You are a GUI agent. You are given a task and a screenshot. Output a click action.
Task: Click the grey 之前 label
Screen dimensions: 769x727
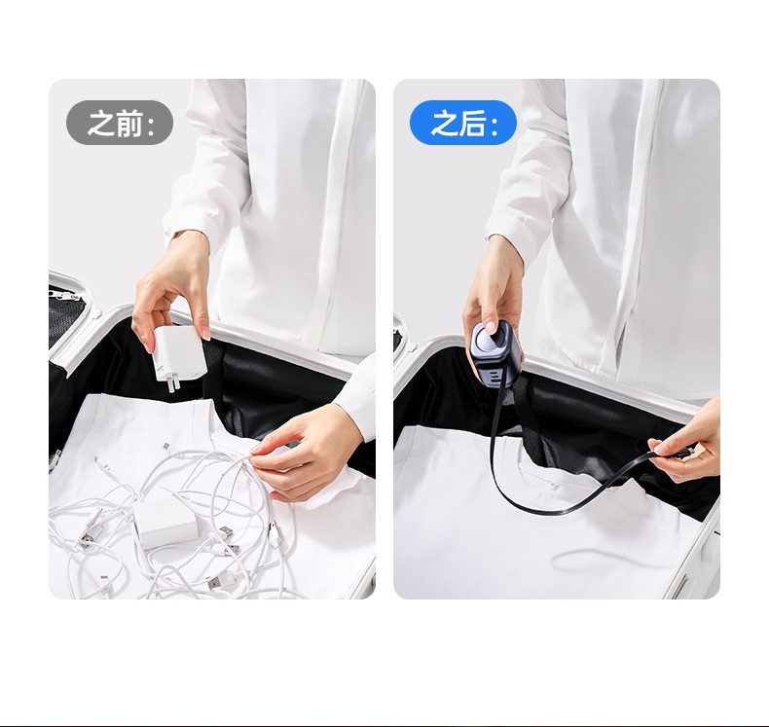click(x=120, y=123)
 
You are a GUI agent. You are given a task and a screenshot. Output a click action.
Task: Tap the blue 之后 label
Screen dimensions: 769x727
click(x=463, y=123)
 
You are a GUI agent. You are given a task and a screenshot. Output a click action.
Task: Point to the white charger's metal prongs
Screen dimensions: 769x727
click(x=171, y=382)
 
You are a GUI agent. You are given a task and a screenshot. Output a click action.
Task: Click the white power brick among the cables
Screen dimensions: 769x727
click(x=165, y=527)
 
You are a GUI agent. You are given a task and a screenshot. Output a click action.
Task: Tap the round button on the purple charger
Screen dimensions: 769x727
click(x=489, y=336)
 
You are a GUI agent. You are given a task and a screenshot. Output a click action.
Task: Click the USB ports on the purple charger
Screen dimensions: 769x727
click(x=494, y=376)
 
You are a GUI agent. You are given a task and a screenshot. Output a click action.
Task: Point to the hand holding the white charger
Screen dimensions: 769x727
click(x=171, y=289)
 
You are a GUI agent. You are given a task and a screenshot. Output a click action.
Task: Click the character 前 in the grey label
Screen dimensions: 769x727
click(x=129, y=123)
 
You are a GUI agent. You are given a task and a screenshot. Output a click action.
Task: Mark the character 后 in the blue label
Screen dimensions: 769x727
click(x=473, y=123)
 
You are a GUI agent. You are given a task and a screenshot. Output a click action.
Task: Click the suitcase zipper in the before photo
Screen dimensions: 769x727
click(x=62, y=294)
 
